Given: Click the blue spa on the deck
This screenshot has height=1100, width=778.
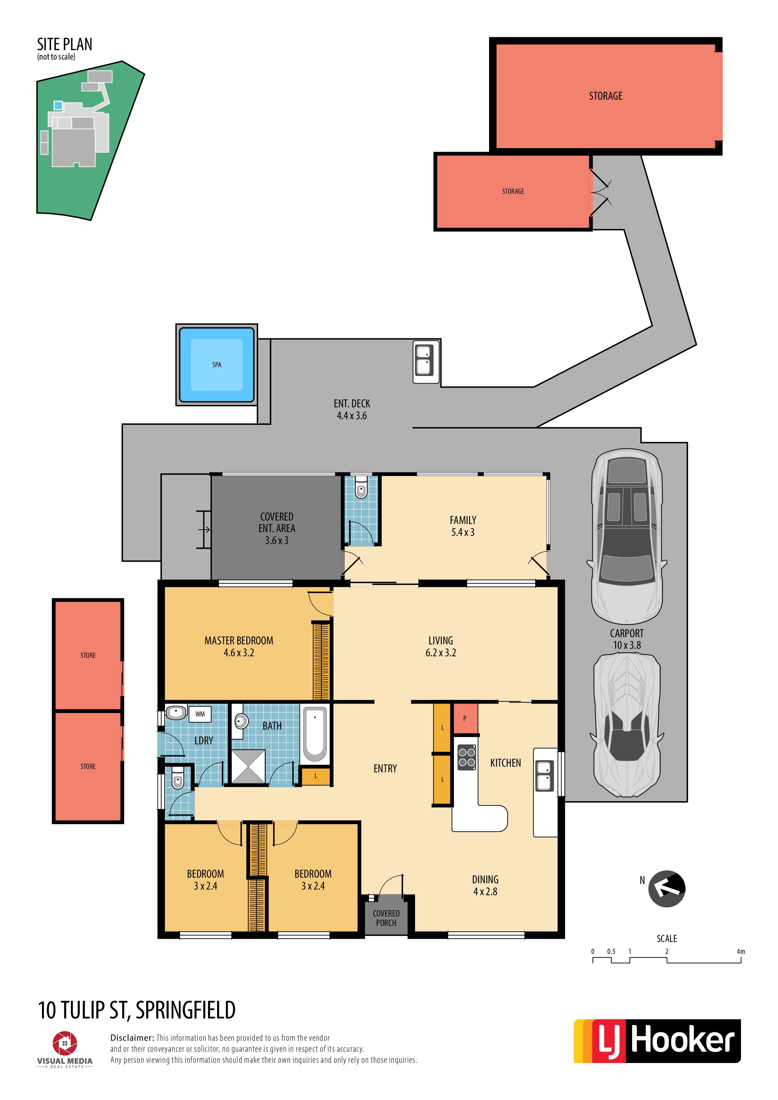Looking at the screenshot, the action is pos(217,365).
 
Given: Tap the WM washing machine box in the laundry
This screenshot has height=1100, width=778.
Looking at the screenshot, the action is pos(200,714).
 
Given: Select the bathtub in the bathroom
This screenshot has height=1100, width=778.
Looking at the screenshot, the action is pos(315,734).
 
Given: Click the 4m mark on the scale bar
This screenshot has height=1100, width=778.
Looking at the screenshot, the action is pos(741,951).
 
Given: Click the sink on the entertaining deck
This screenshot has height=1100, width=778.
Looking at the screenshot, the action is pos(426,362).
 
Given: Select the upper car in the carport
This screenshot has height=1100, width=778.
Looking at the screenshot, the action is pos(626,537).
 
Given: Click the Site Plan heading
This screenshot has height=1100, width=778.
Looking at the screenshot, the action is pos(65,45).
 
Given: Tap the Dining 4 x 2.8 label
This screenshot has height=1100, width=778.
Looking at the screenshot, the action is pos(485,886).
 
